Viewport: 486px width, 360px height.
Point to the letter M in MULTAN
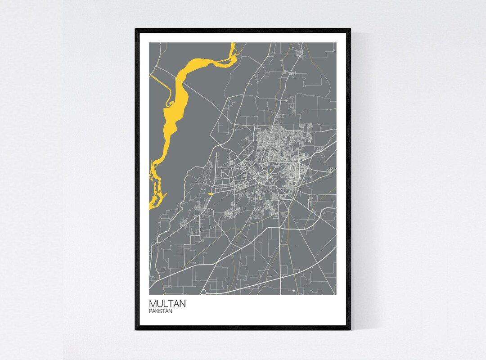point(153,304)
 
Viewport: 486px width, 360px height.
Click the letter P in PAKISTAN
point(150,311)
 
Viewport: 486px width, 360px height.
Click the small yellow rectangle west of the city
point(211,193)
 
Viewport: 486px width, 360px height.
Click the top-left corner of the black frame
point(136,29)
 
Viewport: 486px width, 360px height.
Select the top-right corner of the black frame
point(350,29)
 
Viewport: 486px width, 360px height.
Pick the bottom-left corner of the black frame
point(136,329)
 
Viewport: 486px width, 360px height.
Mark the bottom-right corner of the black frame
point(350,329)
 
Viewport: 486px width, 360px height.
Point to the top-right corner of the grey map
point(336,43)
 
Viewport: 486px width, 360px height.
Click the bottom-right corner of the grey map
point(336,294)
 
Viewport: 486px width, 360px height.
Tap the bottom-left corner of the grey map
point(149,294)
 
